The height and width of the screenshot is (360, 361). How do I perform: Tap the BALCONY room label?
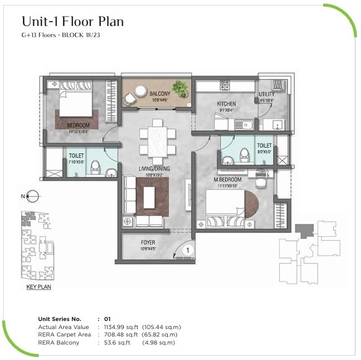[160, 93]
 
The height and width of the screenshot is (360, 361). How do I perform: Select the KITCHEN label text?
[227, 104]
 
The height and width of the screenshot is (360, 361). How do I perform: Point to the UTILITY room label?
[267, 94]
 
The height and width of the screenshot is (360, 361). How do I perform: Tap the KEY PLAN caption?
[38, 287]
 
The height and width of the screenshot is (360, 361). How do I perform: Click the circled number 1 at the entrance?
[187, 251]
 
